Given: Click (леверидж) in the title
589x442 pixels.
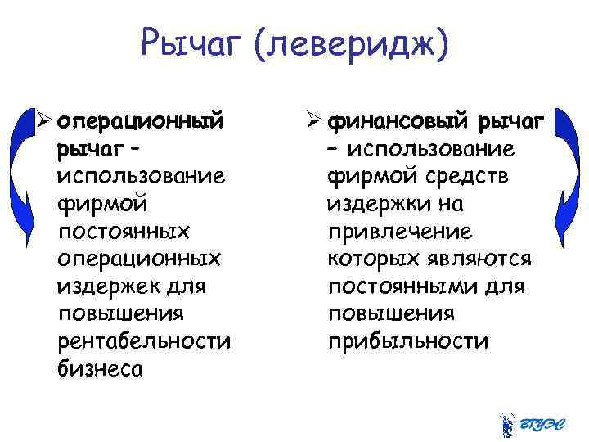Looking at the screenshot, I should pyautogui.click(x=352, y=43).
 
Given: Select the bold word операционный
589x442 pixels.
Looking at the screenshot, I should pyautogui.click(x=140, y=122).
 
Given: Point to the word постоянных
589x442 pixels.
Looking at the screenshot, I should pyautogui.click(x=124, y=232).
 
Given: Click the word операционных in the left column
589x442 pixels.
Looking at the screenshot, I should pyautogui.click(x=139, y=259).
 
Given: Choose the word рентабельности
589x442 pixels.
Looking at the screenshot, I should pyautogui.click(x=144, y=341).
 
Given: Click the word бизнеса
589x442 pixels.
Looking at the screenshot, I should pyautogui.click(x=101, y=369).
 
